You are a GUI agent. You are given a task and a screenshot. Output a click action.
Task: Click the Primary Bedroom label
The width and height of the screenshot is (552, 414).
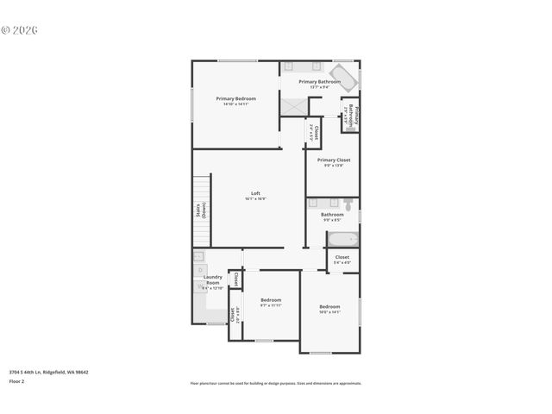click(235, 98)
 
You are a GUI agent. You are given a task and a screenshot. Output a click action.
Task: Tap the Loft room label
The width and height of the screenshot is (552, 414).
click(255, 192)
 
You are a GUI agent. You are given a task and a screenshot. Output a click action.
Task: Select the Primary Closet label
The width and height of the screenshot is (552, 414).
click(333, 160)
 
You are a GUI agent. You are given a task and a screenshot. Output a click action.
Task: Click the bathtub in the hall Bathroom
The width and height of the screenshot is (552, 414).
click(342, 239)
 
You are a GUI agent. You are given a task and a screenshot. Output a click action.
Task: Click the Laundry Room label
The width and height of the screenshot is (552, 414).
click(212, 279)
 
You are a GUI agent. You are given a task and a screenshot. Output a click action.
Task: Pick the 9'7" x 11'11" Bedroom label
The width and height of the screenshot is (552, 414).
click(271, 299)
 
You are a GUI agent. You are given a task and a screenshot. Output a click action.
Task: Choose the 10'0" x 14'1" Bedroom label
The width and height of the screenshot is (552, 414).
click(329, 306)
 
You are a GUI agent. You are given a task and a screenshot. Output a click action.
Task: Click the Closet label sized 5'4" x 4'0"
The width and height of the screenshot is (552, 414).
click(342, 257)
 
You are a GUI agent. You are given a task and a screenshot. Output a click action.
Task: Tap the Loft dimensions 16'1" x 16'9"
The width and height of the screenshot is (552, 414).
click(255, 198)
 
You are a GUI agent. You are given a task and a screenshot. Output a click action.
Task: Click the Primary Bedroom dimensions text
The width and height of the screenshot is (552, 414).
click(235, 104)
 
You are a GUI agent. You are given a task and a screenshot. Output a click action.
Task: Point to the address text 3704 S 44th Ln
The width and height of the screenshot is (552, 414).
click(48, 372)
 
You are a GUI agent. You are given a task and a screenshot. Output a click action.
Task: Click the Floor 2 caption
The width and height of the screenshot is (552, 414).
click(17, 380)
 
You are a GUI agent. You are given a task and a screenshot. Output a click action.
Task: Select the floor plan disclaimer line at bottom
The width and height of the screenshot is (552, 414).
click(275, 383)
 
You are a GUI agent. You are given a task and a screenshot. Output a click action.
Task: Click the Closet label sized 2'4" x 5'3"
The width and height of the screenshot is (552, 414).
click(315, 132)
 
